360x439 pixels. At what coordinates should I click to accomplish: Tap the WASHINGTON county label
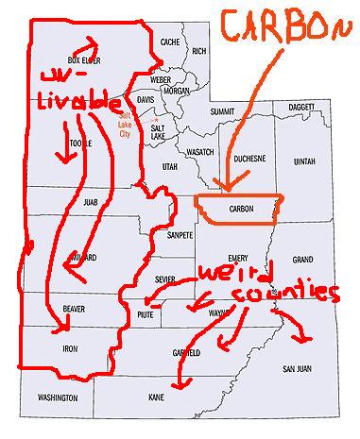click(x=58, y=398)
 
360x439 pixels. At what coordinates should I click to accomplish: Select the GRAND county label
click(x=302, y=258)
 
